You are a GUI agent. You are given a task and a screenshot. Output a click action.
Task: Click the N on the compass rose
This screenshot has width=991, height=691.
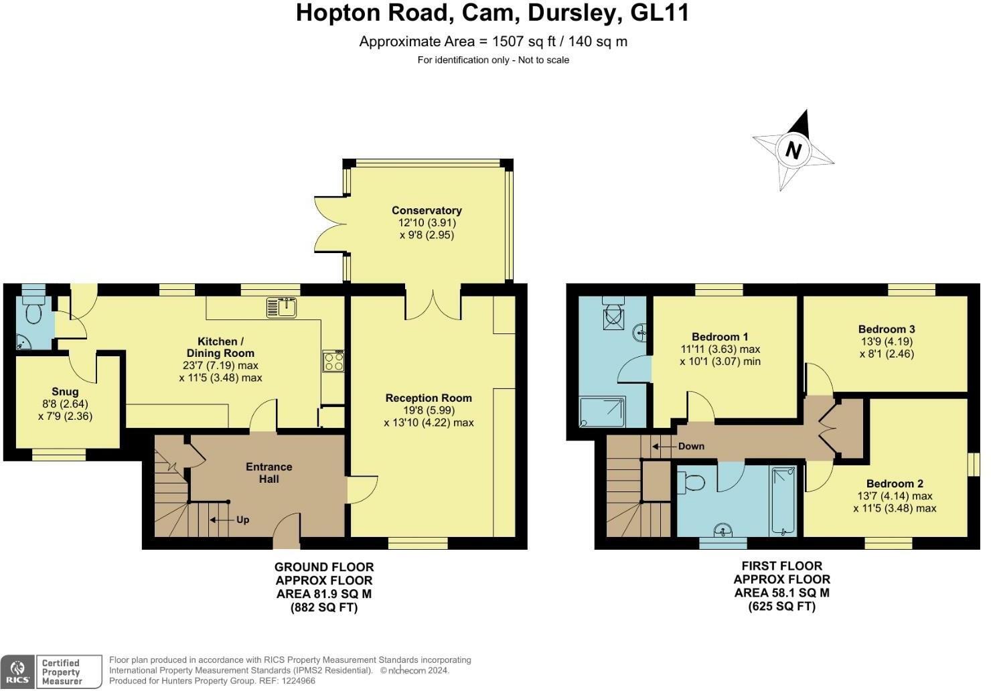point(793,151)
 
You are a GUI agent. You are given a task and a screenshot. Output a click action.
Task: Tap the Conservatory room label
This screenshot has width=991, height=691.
point(427,210)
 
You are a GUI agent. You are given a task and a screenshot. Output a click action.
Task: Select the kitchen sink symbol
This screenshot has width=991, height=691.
point(281,307)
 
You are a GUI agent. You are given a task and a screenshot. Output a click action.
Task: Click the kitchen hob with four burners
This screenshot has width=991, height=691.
point(333,361)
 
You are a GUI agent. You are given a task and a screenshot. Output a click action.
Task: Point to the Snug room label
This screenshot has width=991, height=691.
point(65,392)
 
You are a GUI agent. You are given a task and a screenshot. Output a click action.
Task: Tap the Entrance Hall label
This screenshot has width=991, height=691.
point(269,473)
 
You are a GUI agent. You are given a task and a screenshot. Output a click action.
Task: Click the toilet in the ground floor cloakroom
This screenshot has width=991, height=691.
point(33,309)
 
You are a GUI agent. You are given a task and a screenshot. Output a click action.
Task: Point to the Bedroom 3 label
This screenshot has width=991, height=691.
point(887,329)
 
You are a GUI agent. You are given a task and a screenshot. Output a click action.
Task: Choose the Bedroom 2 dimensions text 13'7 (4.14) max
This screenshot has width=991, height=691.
point(895,496)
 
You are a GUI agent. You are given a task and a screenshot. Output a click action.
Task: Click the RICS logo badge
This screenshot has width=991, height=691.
point(17,672)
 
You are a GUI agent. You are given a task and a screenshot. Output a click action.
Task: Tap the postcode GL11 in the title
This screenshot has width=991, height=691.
point(660,12)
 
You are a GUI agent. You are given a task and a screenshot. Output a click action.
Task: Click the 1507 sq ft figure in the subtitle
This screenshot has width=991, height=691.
point(524,42)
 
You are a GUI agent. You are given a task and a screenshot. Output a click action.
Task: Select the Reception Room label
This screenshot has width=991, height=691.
point(429,398)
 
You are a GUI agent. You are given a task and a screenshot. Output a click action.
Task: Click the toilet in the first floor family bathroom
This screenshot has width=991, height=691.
point(691,482)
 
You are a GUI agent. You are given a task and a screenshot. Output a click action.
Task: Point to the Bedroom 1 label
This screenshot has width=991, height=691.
point(720,337)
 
